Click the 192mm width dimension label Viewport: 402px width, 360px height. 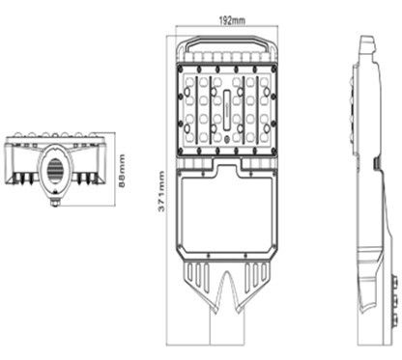tap(232, 21)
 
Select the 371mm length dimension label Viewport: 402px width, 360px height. tap(161, 191)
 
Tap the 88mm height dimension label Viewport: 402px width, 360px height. tap(122, 171)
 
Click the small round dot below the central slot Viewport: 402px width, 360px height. tap(227, 140)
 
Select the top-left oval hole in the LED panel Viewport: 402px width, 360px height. tap(187, 93)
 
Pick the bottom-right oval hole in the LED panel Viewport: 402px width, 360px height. tap(267, 129)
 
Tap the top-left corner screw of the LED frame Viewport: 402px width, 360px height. tap(181, 68)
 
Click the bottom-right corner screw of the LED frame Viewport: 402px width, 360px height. tap(274, 151)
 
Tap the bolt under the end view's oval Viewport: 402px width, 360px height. tap(55, 203)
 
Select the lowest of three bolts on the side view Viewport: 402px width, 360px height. tap(394, 320)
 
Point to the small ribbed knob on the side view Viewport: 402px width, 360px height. tap(377, 163)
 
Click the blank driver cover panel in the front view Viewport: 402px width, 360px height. tap(227, 213)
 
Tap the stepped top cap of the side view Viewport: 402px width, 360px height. tap(367, 44)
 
